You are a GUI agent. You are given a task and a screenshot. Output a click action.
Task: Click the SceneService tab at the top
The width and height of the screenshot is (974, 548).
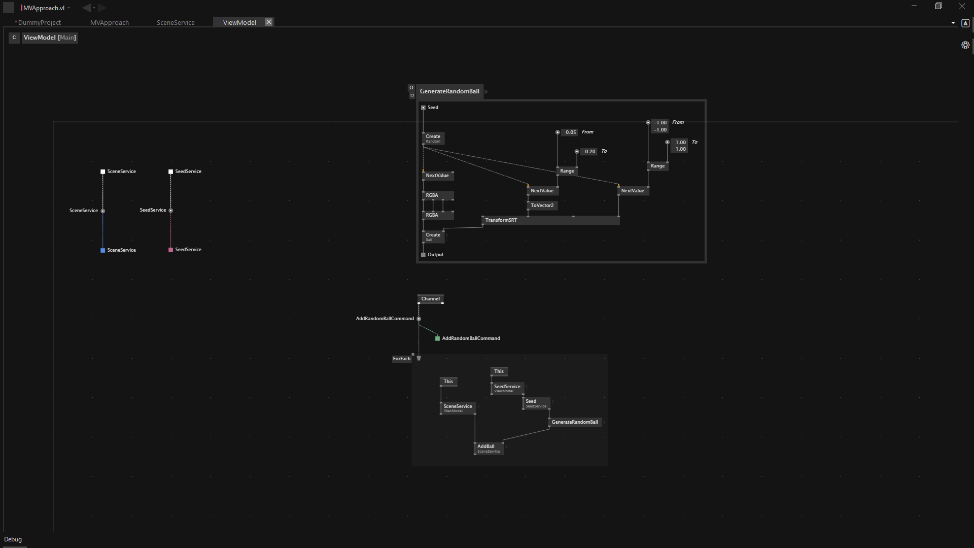click(x=176, y=22)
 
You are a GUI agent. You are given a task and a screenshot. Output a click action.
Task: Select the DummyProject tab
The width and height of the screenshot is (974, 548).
click(x=39, y=22)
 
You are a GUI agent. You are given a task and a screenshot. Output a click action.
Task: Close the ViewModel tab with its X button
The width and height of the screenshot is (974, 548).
click(x=269, y=22)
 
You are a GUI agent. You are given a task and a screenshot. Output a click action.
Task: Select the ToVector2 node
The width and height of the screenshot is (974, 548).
click(x=542, y=205)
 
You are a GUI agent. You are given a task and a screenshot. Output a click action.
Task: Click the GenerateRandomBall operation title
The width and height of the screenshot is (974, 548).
click(x=449, y=91)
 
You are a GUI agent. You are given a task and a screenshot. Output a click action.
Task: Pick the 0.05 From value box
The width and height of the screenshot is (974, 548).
click(x=571, y=132)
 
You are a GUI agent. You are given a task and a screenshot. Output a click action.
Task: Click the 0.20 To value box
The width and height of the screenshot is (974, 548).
click(x=589, y=152)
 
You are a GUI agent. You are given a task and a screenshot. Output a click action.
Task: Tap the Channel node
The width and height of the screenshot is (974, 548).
click(x=430, y=299)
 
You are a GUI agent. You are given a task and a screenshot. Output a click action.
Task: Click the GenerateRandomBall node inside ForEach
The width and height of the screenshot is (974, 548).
click(x=575, y=422)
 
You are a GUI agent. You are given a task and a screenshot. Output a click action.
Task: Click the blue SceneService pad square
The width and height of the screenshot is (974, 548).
click(x=103, y=250)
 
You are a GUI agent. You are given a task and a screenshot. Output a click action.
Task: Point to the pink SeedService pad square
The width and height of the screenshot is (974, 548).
click(x=170, y=250)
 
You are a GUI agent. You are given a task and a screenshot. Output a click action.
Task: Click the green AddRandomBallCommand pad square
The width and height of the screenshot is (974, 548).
click(x=437, y=338)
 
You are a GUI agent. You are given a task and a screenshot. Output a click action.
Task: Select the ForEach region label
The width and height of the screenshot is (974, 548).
click(x=401, y=359)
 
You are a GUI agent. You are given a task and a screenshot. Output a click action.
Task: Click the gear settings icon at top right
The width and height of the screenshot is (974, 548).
click(x=965, y=45)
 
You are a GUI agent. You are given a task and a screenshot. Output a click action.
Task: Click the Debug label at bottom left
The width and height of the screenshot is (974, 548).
click(x=13, y=539)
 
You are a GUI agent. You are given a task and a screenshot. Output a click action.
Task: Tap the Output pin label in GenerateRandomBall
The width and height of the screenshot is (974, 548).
click(x=435, y=255)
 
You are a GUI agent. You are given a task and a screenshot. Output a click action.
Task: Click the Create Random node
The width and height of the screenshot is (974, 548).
click(x=433, y=138)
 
